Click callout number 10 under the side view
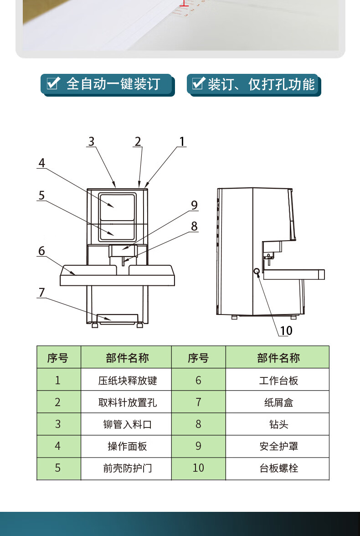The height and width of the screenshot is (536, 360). pos(286,330)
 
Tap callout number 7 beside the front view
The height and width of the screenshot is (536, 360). pos(41,292)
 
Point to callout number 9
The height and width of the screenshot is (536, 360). pos(195,205)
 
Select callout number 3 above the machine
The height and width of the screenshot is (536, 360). pos(92,141)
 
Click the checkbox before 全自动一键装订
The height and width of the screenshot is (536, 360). pos(54,83)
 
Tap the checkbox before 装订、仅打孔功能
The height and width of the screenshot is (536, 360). pos(198,83)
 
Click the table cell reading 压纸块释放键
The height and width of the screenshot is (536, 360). pos(128,380)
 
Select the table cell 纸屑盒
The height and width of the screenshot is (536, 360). pos(278,402)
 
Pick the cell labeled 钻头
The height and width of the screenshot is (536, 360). pos(278,424)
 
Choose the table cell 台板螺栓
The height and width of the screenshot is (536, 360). pos(278,468)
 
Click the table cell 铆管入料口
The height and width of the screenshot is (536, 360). pos(128,424)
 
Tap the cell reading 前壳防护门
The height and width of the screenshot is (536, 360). pos(128,468)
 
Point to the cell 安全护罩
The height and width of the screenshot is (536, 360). pos(278,446)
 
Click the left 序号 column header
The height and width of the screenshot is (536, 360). pos(58,358)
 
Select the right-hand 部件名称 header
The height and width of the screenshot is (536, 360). pos(278,358)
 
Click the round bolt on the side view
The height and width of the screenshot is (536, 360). pos(257,273)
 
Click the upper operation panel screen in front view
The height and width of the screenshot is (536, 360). pos(118,207)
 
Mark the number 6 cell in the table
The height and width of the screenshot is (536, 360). pos(198,380)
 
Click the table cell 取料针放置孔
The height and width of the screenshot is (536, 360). pos(128,402)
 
